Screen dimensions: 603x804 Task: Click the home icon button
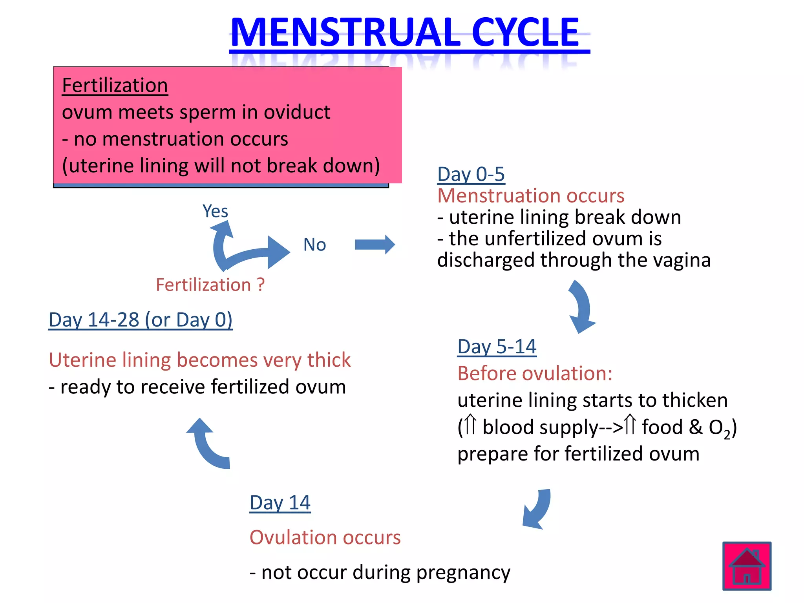(747, 566)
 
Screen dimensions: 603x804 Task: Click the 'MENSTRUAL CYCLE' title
(405, 33)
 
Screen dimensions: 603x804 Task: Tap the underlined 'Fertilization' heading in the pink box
(115, 85)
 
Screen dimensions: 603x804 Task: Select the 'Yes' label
(215, 211)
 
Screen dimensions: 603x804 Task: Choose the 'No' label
(314, 245)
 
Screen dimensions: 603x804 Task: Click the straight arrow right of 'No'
(375, 245)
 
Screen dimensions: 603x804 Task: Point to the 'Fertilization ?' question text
(210, 285)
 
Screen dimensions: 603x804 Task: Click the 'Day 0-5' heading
(471, 174)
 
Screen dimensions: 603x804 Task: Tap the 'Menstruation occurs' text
(530, 196)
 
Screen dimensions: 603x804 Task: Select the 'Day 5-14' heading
(497, 347)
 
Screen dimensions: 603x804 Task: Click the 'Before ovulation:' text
(535, 373)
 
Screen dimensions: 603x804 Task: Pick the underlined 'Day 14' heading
(280, 502)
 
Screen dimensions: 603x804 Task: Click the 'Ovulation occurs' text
(325, 537)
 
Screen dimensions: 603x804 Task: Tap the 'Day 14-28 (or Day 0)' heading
(141, 320)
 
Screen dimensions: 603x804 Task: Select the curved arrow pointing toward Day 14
(538, 508)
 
